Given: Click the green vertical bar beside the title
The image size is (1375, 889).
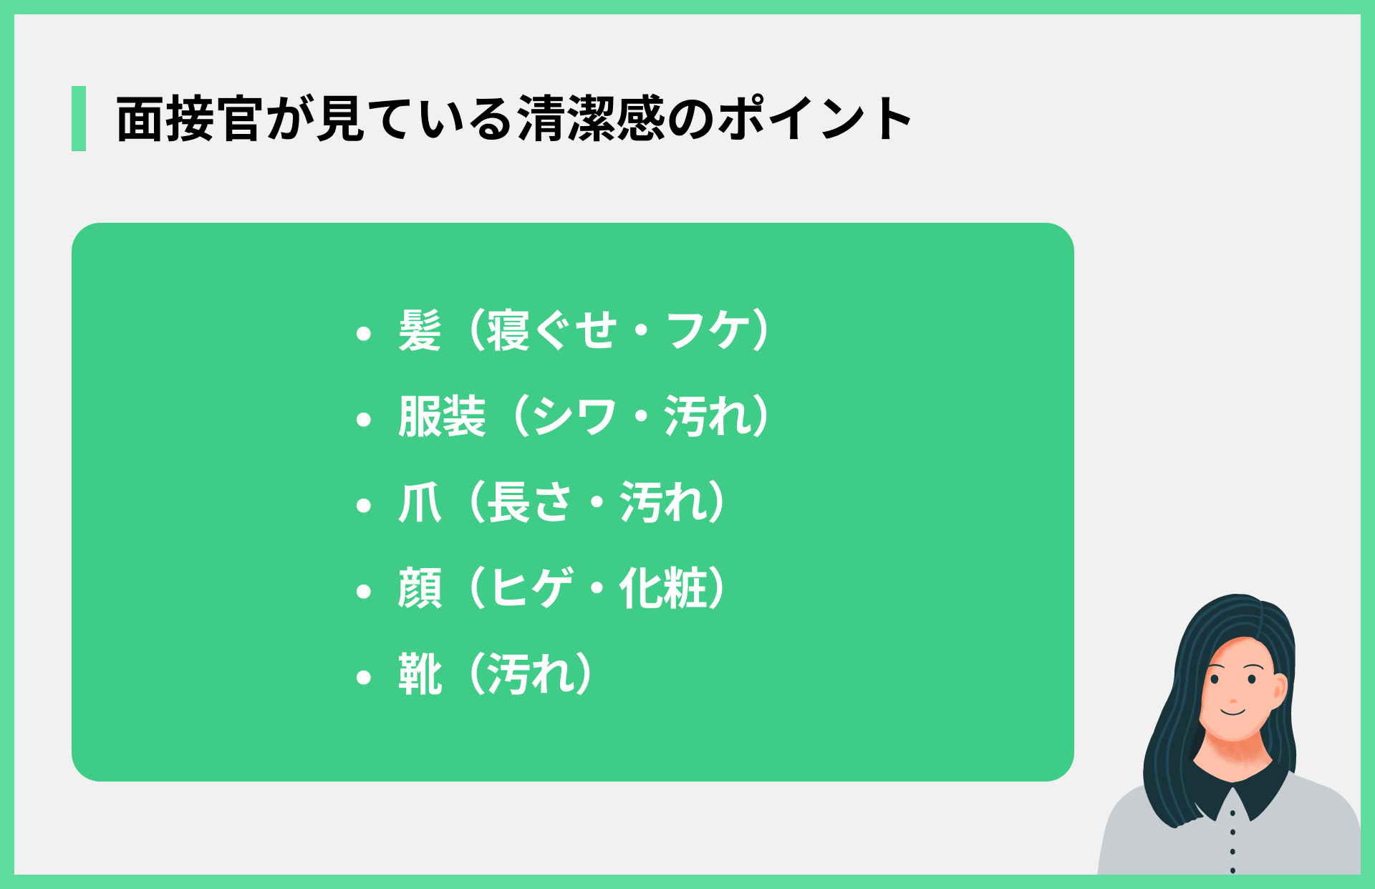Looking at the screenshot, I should click(79, 118).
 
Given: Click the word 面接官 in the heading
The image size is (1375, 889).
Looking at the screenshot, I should click(188, 119).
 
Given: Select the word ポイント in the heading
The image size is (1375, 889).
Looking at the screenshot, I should click(815, 119).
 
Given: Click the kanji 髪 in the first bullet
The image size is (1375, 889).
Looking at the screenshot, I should click(420, 331).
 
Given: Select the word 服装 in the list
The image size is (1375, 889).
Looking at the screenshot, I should click(442, 417).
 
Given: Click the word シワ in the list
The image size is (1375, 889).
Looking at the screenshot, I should click(574, 417).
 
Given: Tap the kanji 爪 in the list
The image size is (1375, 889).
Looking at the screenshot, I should click(420, 503).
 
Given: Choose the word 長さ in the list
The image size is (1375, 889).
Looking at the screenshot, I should click(530, 503).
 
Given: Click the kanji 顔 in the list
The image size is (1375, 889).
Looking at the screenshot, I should click(420, 589).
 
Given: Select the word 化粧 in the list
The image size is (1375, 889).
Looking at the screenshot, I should click(663, 589).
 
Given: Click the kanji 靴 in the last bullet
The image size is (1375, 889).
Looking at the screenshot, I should click(420, 675).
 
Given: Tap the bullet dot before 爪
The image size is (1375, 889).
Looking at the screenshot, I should click(364, 505).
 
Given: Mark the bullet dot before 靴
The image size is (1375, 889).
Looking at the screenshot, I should click(364, 677).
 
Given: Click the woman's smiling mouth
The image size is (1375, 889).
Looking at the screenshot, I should click(1233, 711).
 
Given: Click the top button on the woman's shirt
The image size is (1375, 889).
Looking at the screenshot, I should click(1232, 813).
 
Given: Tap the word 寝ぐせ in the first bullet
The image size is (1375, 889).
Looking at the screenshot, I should click(552, 331).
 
